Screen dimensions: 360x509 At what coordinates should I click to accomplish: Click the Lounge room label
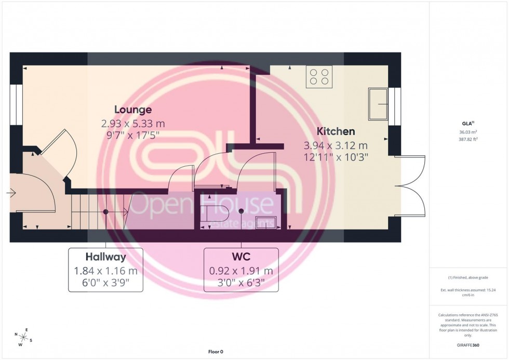(133, 110)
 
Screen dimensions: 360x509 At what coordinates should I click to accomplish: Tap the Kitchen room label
(336, 132)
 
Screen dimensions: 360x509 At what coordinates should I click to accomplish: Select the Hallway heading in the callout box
(106, 257)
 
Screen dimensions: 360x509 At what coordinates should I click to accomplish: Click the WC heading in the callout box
(241, 257)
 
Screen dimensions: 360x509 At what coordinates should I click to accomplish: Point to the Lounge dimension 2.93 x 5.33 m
(133, 124)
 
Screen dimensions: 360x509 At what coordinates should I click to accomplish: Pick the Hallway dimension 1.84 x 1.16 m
(106, 271)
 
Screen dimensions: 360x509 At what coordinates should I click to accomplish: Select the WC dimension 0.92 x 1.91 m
(241, 271)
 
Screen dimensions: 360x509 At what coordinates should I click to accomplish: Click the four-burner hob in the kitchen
(319, 77)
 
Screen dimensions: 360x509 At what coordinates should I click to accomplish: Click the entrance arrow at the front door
(11, 194)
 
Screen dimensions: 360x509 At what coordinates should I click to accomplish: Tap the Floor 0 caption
(216, 352)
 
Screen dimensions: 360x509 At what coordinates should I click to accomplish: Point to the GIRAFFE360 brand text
(468, 345)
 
